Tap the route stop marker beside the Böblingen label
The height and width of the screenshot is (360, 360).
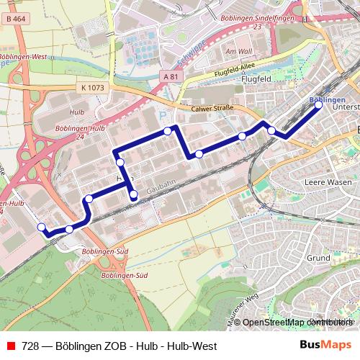pos(319,105)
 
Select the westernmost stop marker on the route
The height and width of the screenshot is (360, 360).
pos(41,228)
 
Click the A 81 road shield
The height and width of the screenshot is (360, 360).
pos(170,76)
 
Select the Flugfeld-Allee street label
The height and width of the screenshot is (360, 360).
pos(234,74)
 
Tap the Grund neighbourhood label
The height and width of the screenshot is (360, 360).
pos(318,257)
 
